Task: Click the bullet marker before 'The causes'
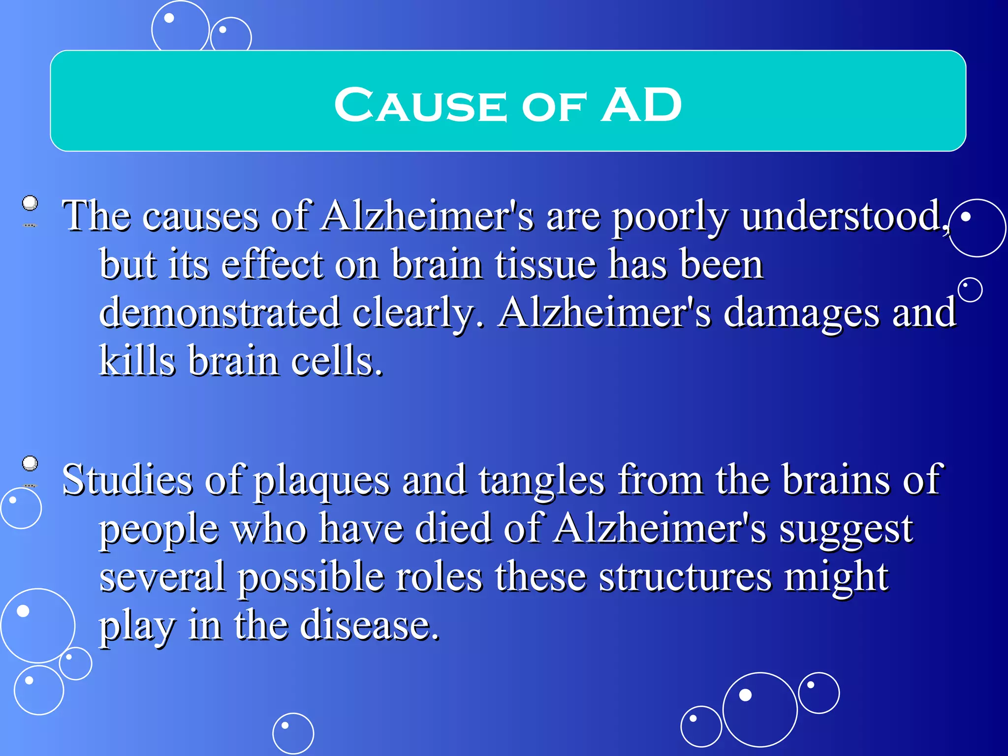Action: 31,203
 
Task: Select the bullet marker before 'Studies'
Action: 31,464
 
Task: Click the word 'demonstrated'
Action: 220,313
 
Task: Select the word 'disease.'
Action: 370,625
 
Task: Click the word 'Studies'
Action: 127,480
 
